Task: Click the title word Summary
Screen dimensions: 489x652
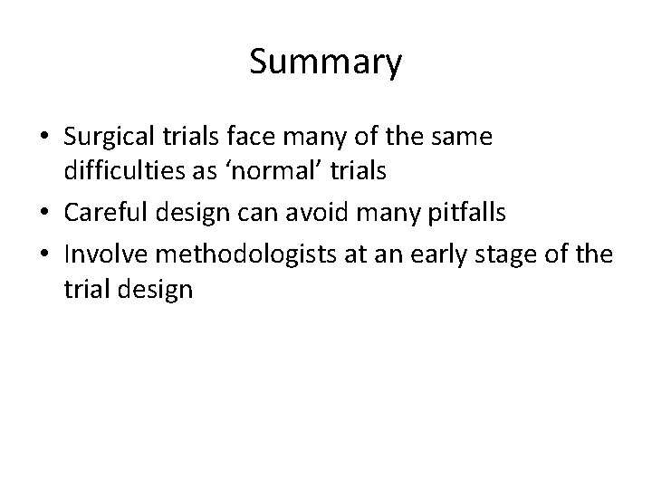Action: click(325, 63)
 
